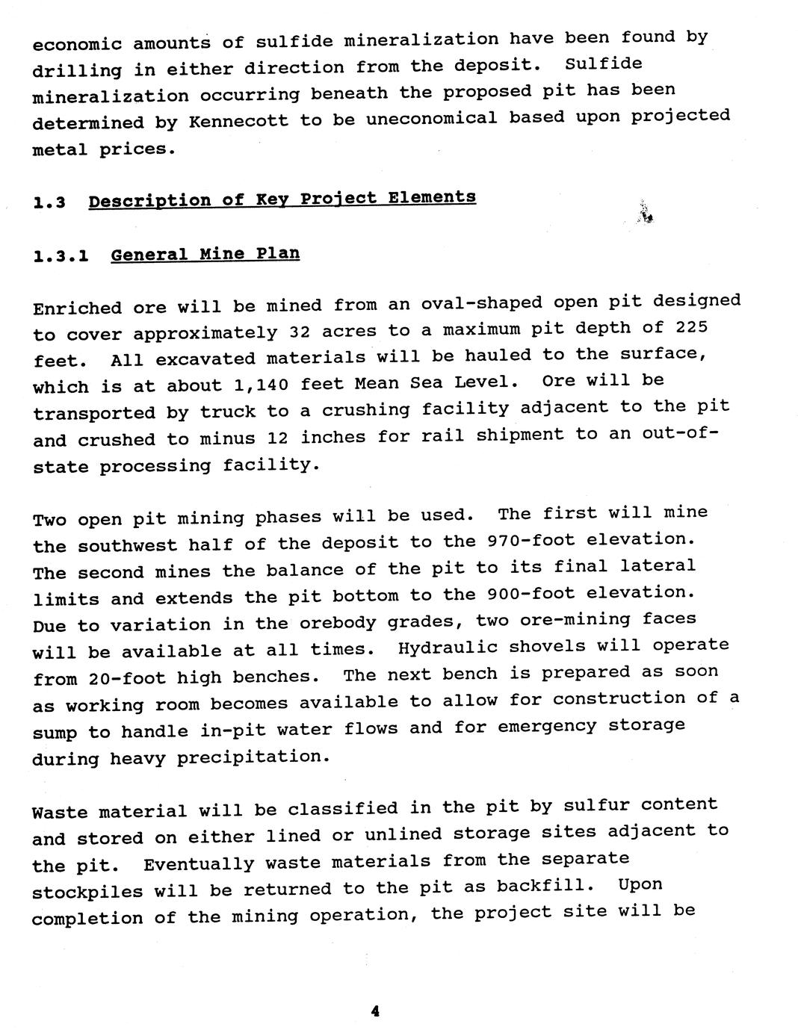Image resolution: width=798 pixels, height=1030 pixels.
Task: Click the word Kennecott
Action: click(x=238, y=121)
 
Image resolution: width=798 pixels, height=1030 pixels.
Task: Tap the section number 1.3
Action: click(x=49, y=202)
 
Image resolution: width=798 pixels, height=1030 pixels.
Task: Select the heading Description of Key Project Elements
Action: click(x=282, y=199)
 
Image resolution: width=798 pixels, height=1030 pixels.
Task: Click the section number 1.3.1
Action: click(x=61, y=256)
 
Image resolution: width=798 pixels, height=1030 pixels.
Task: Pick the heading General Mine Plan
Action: click(x=205, y=254)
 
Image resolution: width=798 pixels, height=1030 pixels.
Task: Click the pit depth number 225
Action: click(x=691, y=327)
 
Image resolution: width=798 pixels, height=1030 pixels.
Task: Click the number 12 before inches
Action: click(x=277, y=438)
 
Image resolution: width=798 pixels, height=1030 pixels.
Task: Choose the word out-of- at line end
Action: click(x=679, y=433)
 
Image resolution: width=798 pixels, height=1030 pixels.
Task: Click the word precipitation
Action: click(x=252, y=757)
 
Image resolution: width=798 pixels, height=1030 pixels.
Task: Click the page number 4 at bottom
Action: click(x=375, y=1011)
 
